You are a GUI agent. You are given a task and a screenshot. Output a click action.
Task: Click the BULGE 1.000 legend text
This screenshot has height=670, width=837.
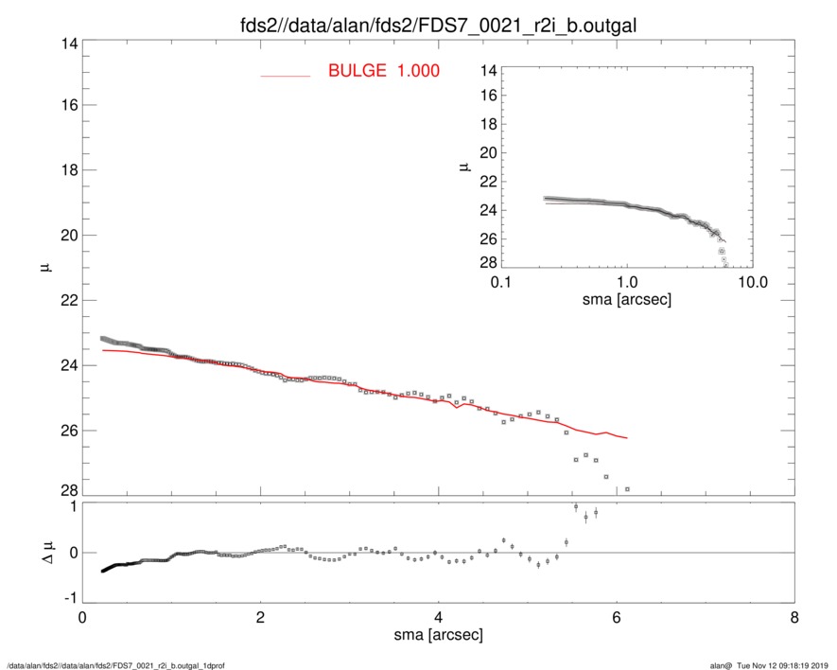(383, 71)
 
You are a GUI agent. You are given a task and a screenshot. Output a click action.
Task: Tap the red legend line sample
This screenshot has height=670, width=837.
(285, 75)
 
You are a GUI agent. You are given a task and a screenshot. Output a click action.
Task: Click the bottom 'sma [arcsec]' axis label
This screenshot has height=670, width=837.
(438, 636)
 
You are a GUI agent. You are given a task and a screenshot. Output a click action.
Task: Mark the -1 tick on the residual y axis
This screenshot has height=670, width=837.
(66, 599)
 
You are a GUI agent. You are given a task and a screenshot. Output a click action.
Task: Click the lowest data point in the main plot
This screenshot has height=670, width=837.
(627, 489)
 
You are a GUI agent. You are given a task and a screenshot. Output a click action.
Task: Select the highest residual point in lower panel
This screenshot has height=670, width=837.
(576, 507)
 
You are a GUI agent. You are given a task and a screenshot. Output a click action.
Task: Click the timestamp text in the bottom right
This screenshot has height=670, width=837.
(776, 664)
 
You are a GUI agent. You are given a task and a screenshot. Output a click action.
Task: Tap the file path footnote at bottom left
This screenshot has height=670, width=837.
(115, 664)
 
